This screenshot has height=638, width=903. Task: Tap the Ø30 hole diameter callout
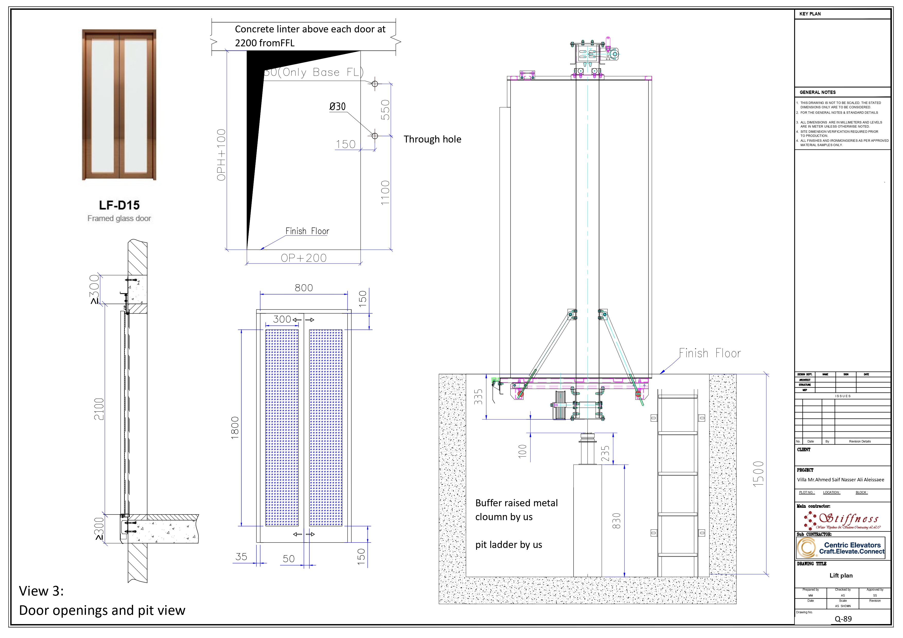click(337, 107)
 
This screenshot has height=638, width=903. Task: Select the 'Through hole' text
click(432, 139)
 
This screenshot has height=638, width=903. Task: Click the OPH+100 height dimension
click(221, 155)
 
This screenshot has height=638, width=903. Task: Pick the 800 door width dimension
click(304, 288)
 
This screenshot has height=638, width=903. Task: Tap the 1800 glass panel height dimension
click(235, 428)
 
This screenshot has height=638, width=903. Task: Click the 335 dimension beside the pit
click(478, 397)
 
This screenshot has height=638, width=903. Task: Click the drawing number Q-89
click(843, 619)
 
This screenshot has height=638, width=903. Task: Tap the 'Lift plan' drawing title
click(841, 575)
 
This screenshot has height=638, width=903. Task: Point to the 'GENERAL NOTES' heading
click(818, 92)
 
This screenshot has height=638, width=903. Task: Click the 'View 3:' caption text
click(41, 591)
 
